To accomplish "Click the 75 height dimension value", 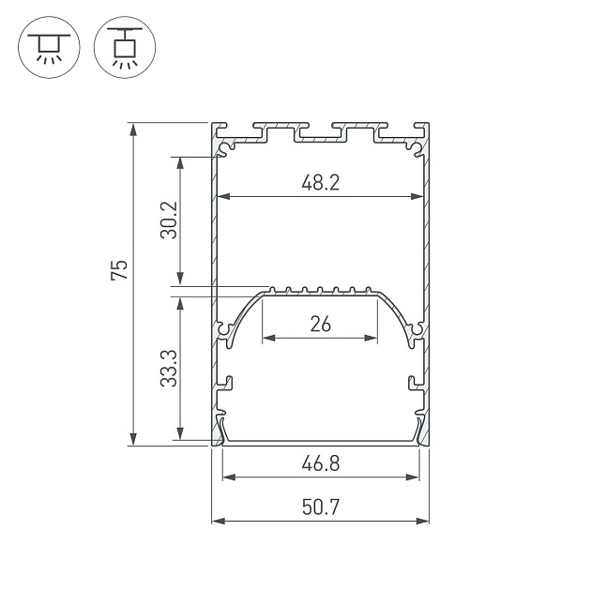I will tap(118, 271).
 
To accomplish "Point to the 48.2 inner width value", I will tap(320, 183).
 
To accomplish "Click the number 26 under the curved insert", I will tap(320, 325).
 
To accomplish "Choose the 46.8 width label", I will tap(320, 462).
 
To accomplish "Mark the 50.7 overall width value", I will tap(320, 508).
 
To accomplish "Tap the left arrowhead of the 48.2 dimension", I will tap(221, 197).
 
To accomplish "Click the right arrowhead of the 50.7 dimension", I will tap(424, 521).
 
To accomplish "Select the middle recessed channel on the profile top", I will tap(320, 135).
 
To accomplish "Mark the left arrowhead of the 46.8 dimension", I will tap(226, 477).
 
